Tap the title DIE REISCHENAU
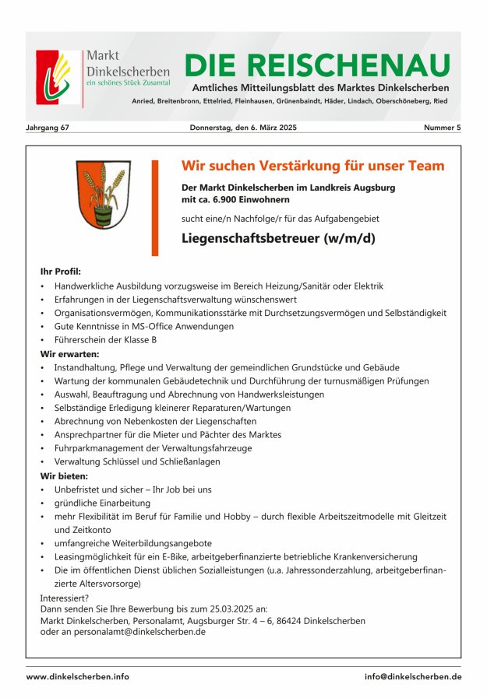point(317,65)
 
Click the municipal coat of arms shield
point(103,195)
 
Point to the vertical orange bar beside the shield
point(154,208)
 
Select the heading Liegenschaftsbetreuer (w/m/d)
point(278,238)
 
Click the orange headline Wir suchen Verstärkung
point(312,166)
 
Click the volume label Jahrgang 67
point(48,128)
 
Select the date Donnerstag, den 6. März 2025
point(243,128)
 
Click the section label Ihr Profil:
point(60,272)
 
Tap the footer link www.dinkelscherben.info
point(78,677)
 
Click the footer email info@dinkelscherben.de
point(412,677)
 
